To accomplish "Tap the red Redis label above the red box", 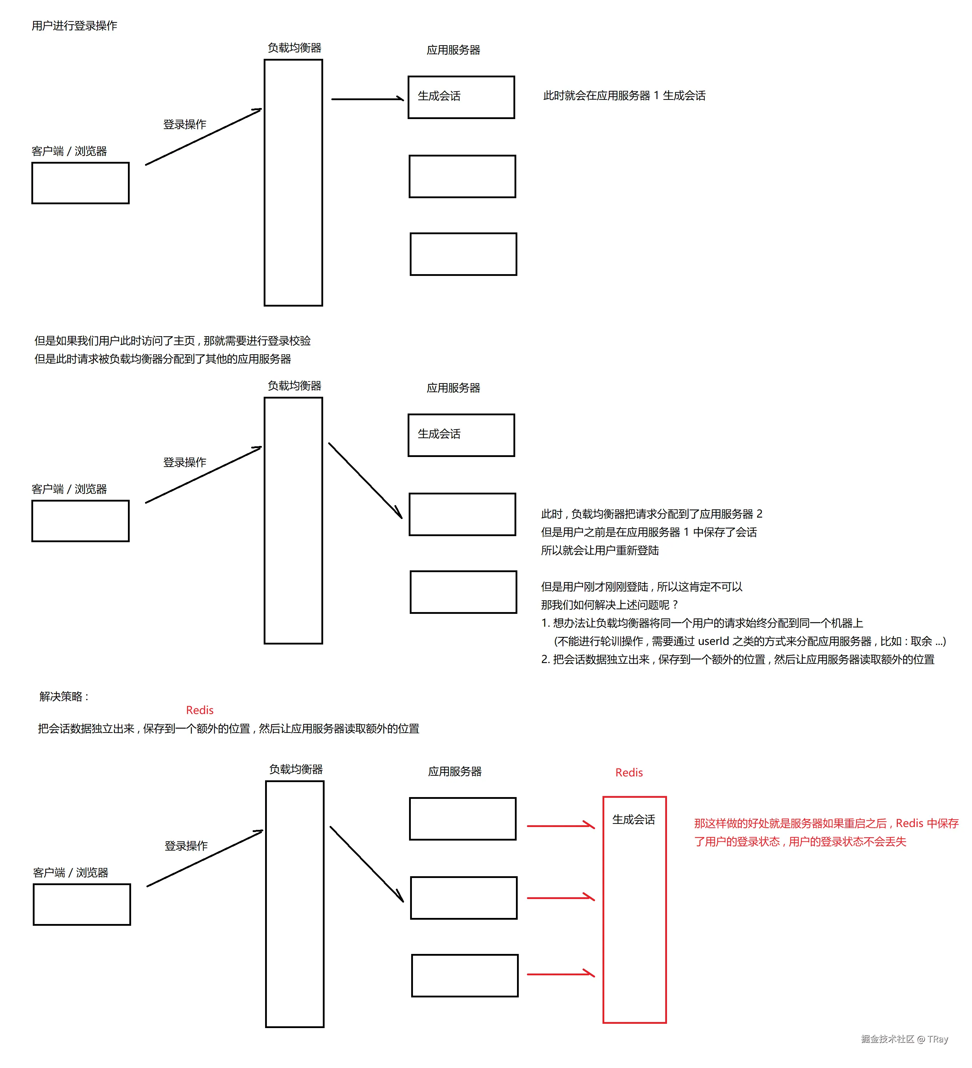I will point(629,772).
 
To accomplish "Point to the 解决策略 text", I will point(63,696).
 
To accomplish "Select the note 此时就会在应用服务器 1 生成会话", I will point(624,96).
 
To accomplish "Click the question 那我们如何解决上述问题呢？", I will point(609,605).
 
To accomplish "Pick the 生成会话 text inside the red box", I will point(634,820).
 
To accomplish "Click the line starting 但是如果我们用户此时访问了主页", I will point(172,341).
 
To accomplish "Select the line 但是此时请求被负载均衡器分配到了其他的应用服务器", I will point(162,359).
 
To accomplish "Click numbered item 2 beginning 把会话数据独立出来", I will point(738,659).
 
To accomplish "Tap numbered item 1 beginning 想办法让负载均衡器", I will point(702,623).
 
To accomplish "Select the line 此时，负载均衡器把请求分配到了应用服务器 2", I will point(652,514).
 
